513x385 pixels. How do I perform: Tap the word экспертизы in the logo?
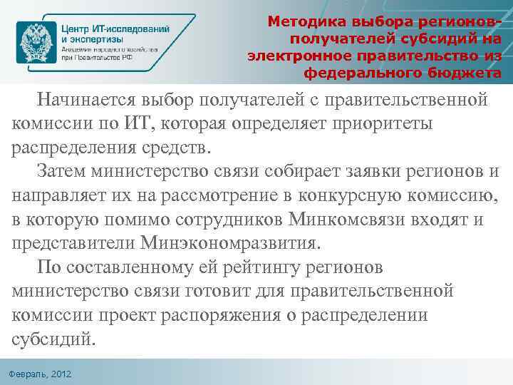[x=96, y=41]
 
